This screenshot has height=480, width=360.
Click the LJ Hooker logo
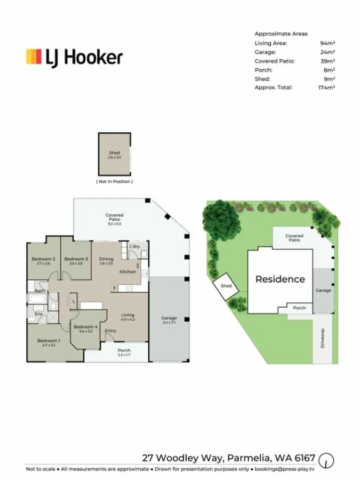coord(74,57)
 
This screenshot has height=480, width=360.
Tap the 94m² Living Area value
coord(327,43)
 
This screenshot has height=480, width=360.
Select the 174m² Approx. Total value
coord(326,87)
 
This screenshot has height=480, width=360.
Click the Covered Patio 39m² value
coord(327,61)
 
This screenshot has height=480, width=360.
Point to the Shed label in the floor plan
coord(114,153)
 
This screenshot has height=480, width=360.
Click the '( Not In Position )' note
coord(114,182)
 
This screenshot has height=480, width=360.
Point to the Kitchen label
coord(128,272)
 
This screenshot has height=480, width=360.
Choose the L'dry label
coord(134,246)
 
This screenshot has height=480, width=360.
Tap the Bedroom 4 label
coord(85,327)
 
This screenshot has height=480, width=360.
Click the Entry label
coord(110,331)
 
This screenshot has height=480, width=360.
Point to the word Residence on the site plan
coord(280,279)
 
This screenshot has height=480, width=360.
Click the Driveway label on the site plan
coord(323,338)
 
